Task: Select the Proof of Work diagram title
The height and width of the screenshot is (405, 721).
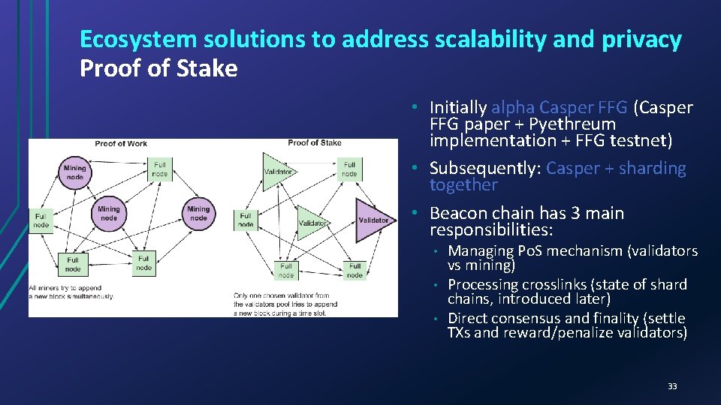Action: click(x=121, y=143)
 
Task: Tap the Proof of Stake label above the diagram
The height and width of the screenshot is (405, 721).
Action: click(x=314, y=142)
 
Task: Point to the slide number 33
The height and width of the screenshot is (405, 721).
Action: click(x=672, y=386)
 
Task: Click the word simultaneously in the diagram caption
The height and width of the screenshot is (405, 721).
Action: click(x=87, y=296)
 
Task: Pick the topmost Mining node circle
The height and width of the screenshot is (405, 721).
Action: click(x=75, y=172)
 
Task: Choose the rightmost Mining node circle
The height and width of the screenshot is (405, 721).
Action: click(x=198, y=214)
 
